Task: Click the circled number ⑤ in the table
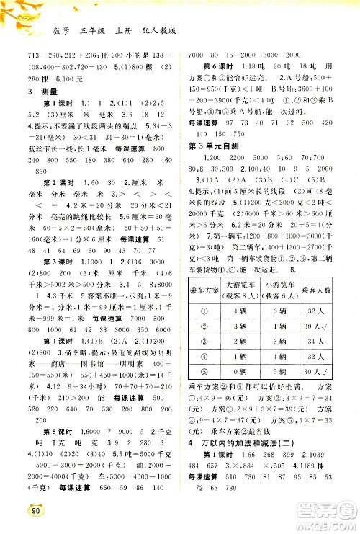coord(204,371)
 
